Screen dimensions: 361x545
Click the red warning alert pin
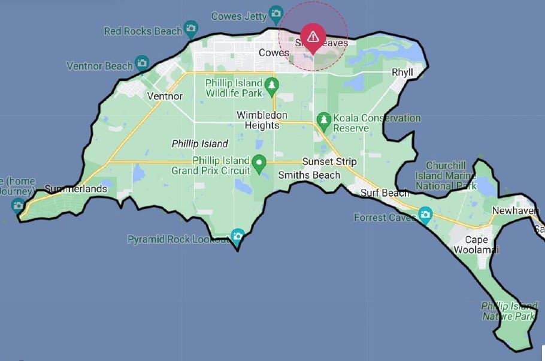[x=313, y=37]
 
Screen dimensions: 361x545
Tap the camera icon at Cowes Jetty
[x=275, y=13]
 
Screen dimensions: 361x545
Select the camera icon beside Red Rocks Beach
[x=191, y=28]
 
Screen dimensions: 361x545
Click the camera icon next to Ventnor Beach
[x=142, y=62]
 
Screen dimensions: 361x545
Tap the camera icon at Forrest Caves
[x=425, y=214]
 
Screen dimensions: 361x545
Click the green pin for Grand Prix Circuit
[x=259, y=163]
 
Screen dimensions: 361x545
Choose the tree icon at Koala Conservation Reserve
[x=324, y=119]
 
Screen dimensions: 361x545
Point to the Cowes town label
[x=274, y=53]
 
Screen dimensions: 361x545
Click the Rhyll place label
[x=403, y=72]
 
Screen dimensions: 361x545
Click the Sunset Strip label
[x=329, y=162]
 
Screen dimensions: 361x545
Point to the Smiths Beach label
[x=309, y=175]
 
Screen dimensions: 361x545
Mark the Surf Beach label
[x=385, y=193]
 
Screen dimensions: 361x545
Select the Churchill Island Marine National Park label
[x=451, y=176]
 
